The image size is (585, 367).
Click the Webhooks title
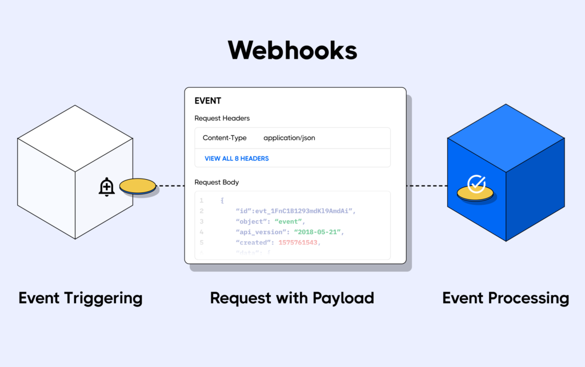pyautogui.click(x=292, y=50)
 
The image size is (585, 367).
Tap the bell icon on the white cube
pyautogui.click(x=107, y=187)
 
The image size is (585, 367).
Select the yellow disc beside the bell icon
pyautogui.click(x=138, y=186)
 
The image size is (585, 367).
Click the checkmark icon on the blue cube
pyautogui.click(x=476, y=184)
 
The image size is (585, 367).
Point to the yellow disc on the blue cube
pyautogui.click(x=476, y=196)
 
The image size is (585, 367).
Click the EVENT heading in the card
pyautogui.click(x=208, y=101)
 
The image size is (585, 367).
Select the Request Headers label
pyautogui.click(x=222, y=119)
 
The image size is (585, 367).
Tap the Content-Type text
pyautogui.click(x=225, y=138)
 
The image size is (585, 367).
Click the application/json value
pyautogui.click(x=289, y=138)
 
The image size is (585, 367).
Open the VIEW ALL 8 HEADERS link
pyautogui.click(x=237, y=158)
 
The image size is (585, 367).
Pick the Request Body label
pyautogui.click(x=217, y=183)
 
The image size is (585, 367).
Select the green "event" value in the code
pyautogui.click(x=290, y=221)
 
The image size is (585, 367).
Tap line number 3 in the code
pyautogui.click(x=201, y=221)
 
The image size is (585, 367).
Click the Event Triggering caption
pyautogui.click(x=80, y=298)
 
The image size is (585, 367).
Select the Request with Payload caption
pyautogui.click(x=292, y=298)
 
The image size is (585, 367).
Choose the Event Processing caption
pyautogui.click(x=506, y=298)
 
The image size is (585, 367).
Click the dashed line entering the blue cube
pyautogui.click(x=427, y=186)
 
